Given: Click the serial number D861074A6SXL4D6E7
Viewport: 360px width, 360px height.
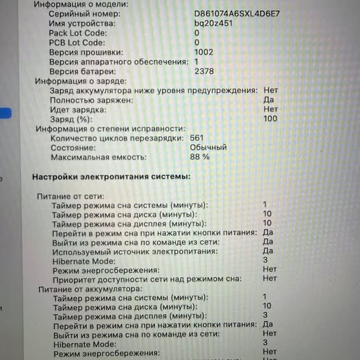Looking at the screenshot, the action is (237, 13).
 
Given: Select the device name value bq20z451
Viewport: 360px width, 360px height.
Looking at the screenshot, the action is (214, 23).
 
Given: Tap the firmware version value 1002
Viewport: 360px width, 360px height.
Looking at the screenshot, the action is (203, 52).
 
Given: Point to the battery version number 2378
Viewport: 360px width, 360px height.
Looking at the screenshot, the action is (204, 71).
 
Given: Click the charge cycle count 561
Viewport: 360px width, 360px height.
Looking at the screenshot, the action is (196, 138).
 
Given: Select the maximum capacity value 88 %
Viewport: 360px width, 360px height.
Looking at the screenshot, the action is (200, 157).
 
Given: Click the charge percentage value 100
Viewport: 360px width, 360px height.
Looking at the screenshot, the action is (270, 118).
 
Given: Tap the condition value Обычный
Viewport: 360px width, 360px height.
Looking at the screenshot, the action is (208, 147).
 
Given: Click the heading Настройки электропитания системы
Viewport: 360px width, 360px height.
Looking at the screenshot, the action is (112, 177).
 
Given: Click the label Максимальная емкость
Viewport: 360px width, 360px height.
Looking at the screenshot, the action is (99, 157).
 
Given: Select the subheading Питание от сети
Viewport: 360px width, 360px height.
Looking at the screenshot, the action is (70, 196).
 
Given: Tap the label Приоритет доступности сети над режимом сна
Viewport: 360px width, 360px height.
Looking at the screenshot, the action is (147, 279).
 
